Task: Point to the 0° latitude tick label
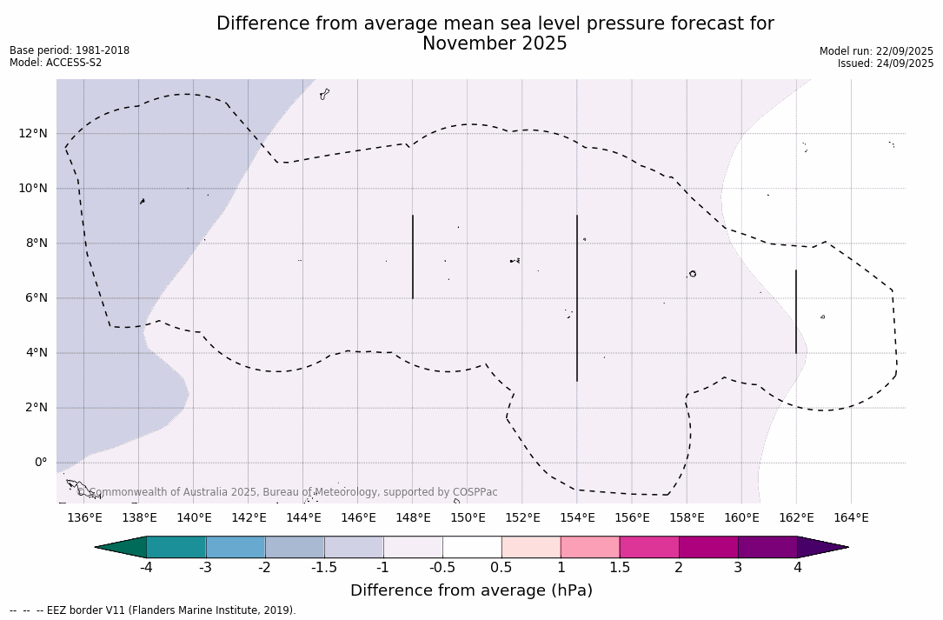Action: click(x=41, y=463)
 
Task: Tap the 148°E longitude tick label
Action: click(x=413, y=518)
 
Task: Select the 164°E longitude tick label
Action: click(x=851, y=518)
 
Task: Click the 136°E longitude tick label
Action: click(x=84, y=518)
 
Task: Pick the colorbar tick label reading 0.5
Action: click(x=501, y=568)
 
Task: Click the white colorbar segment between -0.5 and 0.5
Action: click(x=472, y=547)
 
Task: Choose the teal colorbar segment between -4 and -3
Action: click(x=176, y=547)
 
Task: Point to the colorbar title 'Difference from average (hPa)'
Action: click(x=471, y=590)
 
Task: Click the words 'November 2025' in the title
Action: click(x=495, y=43)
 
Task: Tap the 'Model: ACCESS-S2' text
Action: click(x=56, y=63)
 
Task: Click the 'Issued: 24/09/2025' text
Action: click(x=885, y=63)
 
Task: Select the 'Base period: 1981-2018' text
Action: click(x=70, y=50)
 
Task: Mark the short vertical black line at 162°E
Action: click(x=796, y=311)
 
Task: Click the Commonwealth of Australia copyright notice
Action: click(x=288, y=492)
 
